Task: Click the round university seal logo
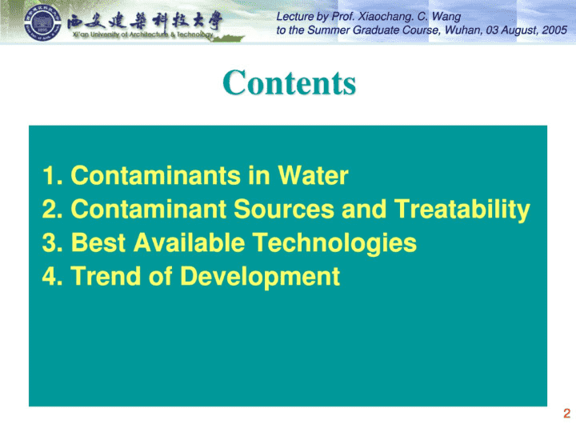[x=42, y=22]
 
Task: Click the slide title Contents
[x=290, y=82]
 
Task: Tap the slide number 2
[x=567, y=414]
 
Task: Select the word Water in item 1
[x=313, y=175]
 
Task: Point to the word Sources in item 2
[x=284, y=209]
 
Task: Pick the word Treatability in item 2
[x=462, y=210]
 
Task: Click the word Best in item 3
[x=98, y=242]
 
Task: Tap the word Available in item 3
[x=189, y=242]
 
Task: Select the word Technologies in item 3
[x=334, y=244]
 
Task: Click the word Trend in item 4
[x=106, y=276]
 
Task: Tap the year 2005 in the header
[x=554, y=30]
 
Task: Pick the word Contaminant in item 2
[x=149, y=209]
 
